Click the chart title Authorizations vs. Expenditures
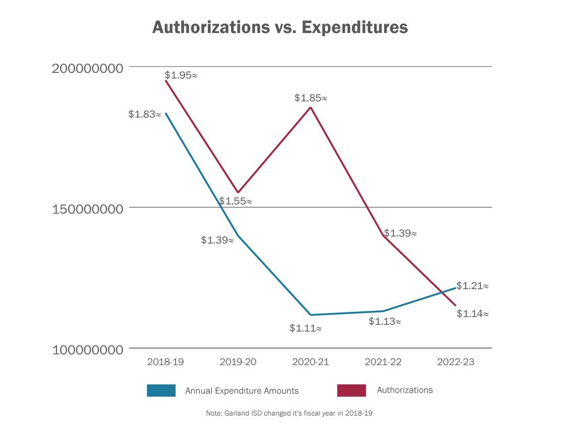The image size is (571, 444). pyautogui.click(x=280, y=28)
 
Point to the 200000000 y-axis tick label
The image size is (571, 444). pyautogui.click(x=87, y=68)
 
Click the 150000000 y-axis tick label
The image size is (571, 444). pyautogui.click(x=87, y=209)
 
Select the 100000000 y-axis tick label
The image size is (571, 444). pyautogui.click(x=87, y=350)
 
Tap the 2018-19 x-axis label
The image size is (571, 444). pyautogui.click(x=166, y=362)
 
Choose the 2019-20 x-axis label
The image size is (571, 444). pyautogui.click(x=238, y=362)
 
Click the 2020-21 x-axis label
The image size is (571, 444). pyautogui.click(x=311, y=362)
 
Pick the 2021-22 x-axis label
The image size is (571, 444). pyautogui.click(x=383, y=362)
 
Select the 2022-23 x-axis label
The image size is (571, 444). pyautogui.click(x=456, y=362)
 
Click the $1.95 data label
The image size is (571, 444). pyautogui.click(x=181, y=75)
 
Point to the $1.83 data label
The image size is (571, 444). pyautogui.click(x=145, y=114)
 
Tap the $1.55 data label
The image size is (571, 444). pyautogui.click(x=235, y=201)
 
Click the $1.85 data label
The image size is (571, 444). pyautogui.click(x=311, y=98)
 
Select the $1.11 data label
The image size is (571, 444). pyautogui.click(x=305, y=329)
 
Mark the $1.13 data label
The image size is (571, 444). pyautogui.click(x=385, y=321)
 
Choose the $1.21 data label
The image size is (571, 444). pyautogui.click(x=473, y=286)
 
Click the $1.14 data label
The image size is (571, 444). pyautogui.click(x=473, y=314)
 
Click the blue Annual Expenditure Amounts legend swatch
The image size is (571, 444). pyautogui.click(x=161, y=391)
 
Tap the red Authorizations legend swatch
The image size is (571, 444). pyautogui.click(x=351, y=391)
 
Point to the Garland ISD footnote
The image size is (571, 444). pyautogui.click(x=289, y=414)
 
